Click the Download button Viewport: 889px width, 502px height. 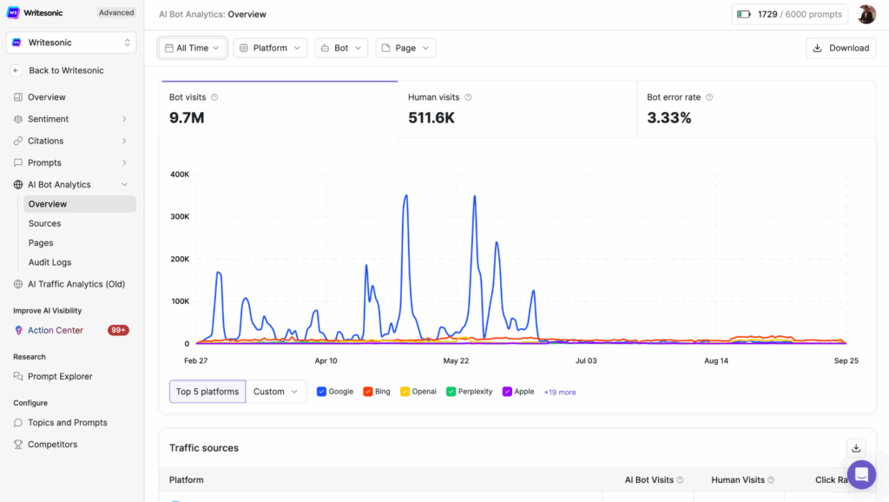point(840,48)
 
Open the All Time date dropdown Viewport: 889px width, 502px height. point(193,48)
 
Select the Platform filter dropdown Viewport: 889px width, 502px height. point(270,48)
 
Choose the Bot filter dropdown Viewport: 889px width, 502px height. point(341,48)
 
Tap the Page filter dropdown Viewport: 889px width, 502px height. point(405,48)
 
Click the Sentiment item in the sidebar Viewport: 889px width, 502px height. point(48,119)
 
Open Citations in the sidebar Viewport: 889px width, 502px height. point(45,141)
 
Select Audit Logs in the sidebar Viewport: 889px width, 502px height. point(49,262)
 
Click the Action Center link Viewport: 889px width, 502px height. point(56,330)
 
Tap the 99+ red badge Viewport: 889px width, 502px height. point(118,330)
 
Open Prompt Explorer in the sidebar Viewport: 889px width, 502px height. point(60,376)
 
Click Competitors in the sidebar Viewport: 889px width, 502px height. point(52,444)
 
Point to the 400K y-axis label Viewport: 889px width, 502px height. point(180,174)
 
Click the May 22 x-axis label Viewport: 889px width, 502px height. point(456,360)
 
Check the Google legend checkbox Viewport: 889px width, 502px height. point(321,392)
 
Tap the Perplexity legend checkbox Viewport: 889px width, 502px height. point(451,392)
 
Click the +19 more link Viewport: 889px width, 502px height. point(560,393)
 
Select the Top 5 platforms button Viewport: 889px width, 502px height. point(207,392)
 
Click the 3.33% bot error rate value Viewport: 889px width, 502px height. point(669,118)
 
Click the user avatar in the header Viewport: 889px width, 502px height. point(866,14)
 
